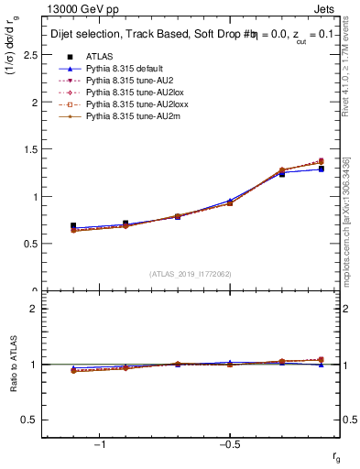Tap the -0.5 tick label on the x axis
(228, 442)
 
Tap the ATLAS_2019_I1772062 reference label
(191, 274)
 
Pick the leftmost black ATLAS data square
(73, 225)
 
